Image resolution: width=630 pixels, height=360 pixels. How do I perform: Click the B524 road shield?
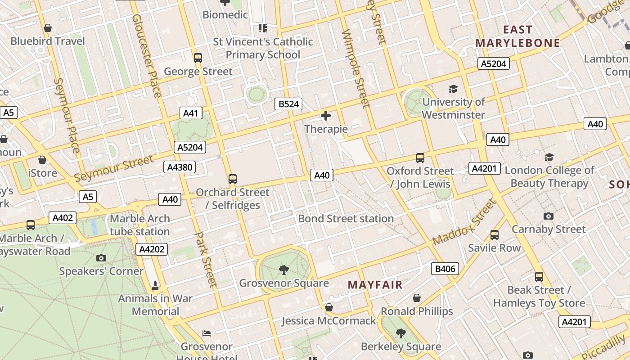[x=288, y=104]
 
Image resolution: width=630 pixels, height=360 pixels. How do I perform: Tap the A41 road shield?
[x=190, y=113]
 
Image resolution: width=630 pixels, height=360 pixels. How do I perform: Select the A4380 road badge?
[x=180, y=167]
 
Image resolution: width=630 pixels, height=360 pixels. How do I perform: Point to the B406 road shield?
[x=445, y=269]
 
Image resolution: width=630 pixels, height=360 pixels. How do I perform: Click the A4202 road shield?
[x=153, y=249]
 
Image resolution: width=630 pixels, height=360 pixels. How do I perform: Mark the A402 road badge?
[x=63, y=218]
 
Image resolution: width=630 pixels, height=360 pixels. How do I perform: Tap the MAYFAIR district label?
[x=375, y=285]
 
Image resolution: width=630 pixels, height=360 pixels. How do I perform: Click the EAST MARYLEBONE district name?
[x=517, y=36]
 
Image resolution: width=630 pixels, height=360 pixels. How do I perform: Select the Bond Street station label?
[x=346, y=219]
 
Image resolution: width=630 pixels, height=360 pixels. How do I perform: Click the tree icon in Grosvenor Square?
[x=284, y=270]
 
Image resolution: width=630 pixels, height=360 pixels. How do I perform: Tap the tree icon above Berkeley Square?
[x=400, y=333]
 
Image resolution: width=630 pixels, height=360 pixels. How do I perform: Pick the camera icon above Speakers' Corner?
[x=101, y=258]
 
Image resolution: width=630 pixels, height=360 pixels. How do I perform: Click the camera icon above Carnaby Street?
[x=549, y=216]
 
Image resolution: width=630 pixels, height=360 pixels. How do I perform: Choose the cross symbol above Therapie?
[x=326, y=116]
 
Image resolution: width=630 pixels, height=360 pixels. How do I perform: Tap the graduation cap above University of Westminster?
[x=453, y=89]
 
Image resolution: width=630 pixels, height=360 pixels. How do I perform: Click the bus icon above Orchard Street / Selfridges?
[x=233, y=179]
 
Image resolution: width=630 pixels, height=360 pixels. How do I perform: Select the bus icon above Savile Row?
[x=494, y=235]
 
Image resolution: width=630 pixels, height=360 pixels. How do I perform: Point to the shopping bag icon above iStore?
[x=42, y=160]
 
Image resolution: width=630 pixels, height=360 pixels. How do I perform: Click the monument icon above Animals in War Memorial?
[x=155, y=285]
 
